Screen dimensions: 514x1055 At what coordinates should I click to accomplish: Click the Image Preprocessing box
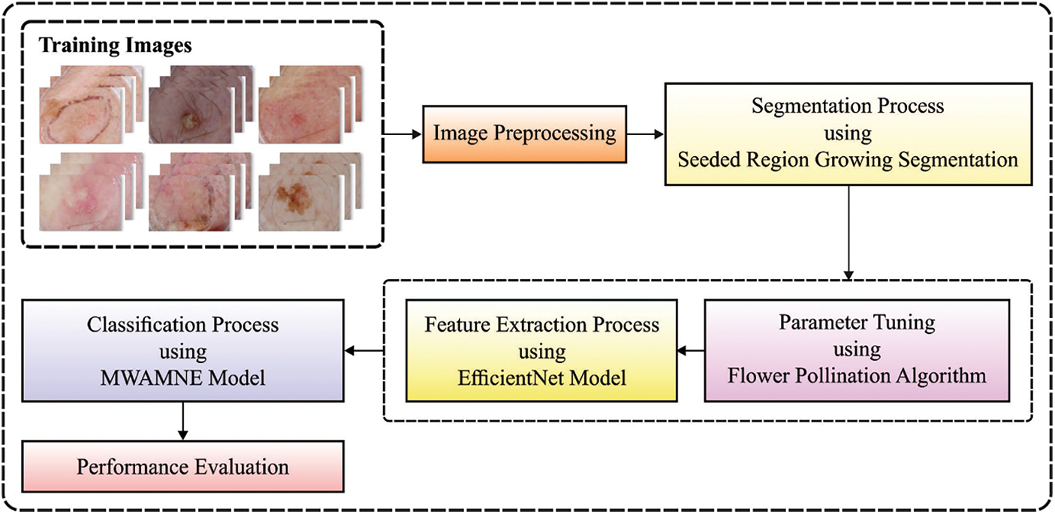[524, 134]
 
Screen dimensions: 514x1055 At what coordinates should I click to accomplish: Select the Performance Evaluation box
[182, 467]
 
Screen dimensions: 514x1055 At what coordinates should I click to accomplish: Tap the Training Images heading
[115, 46]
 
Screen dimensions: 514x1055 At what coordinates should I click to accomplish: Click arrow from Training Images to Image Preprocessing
[402, 134]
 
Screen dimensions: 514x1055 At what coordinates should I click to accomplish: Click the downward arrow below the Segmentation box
[849, 233]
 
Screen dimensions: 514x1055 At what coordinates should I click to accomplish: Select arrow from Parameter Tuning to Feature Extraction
[690, 350]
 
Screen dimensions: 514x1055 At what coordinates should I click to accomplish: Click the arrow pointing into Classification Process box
[364, 350]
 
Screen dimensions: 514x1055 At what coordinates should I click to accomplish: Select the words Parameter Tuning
[857, 323]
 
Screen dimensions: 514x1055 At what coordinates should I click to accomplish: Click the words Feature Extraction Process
[541, 326]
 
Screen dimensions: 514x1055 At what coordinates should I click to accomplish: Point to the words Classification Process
[182, 326]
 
